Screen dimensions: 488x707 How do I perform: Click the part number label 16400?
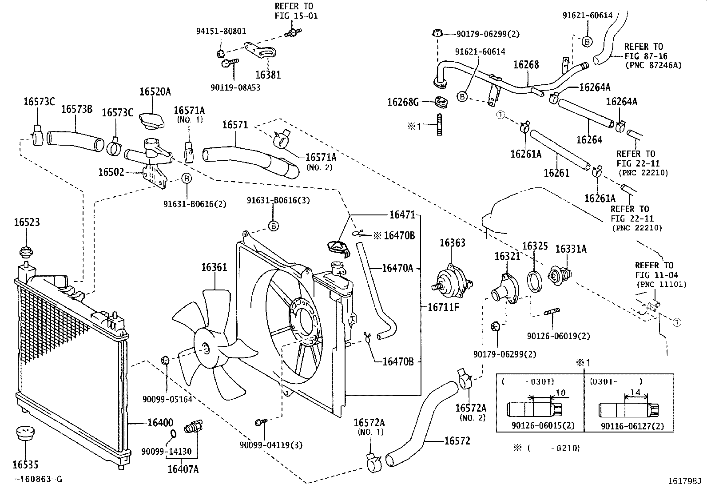[x=160, y=423]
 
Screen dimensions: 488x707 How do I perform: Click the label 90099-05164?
[x=167, y=399]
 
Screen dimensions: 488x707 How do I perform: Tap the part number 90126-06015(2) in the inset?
[x=543, y=425]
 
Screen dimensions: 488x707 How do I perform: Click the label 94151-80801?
[x=221, y=32]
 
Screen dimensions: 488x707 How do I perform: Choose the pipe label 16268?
[x=526, y=65]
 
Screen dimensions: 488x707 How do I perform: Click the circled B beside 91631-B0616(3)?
[x=274, y=226]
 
